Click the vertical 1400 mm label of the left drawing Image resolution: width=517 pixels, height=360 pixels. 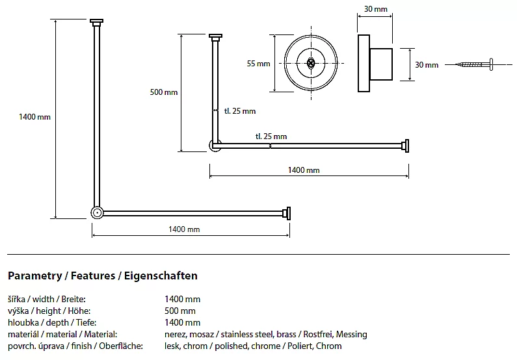pos(35,117)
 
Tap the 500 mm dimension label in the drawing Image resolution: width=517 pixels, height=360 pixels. pos(164,92)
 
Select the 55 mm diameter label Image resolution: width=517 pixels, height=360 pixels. pos(258,64)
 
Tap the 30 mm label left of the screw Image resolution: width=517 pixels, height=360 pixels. pos(427,64)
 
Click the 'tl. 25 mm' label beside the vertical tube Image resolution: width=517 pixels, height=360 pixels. pos(240,111)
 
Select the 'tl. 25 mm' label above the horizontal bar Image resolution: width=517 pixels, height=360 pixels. pos(271,136)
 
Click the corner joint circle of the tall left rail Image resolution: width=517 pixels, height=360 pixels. pos(97,212)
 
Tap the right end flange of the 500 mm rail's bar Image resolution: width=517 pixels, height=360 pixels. pos(406,146)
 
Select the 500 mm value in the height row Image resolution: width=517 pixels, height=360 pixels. pos(180,311)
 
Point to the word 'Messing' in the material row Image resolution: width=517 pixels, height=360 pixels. pos(351,334)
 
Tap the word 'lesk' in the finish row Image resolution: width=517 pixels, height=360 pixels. pos(173,346)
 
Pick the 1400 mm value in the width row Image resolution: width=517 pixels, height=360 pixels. pos(183,299)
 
